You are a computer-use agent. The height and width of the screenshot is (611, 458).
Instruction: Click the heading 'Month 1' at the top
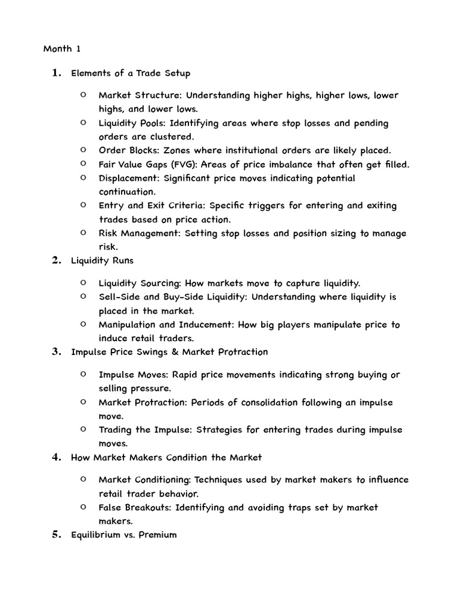[61, 49]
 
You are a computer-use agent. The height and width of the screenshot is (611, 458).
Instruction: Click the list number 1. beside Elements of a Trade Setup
[57, 73]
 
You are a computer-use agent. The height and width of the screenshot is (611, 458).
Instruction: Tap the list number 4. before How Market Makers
[57, 458]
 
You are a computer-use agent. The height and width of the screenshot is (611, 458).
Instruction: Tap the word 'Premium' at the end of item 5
[157, 535]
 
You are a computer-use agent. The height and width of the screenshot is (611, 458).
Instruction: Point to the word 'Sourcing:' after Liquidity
[161, 283]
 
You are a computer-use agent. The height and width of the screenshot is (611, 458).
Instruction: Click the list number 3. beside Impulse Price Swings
[57, 351]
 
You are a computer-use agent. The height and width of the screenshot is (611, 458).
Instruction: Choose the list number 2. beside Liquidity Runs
[57, 260]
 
